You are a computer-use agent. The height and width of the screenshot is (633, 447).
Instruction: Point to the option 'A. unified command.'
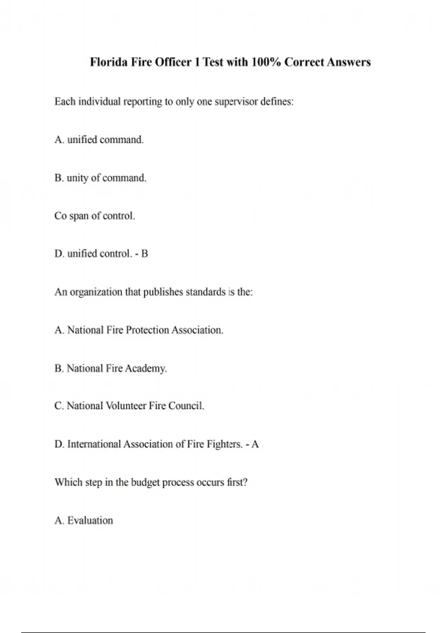[99, 140]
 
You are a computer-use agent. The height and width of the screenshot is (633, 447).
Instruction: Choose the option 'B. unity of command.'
[100, 178]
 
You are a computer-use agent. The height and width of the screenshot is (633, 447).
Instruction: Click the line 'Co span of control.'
[95, 216]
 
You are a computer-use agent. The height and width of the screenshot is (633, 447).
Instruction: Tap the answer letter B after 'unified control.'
[145, 254]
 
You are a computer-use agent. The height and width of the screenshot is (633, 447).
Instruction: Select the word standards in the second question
[206, 292]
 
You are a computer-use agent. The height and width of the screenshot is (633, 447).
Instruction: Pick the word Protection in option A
[148, 330]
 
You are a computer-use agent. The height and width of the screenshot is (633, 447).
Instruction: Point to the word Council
[186, 406]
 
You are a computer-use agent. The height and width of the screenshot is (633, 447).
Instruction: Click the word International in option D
[94, 444]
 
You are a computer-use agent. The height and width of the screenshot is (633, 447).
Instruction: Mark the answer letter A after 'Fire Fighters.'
[255, 444]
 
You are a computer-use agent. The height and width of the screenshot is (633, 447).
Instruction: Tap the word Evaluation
[90, 521]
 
